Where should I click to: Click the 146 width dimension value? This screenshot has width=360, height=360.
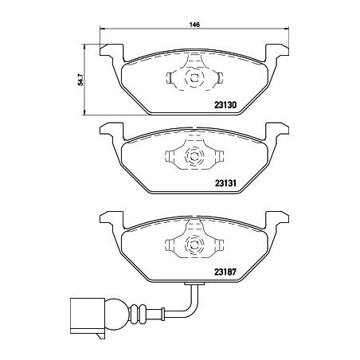point(194,24)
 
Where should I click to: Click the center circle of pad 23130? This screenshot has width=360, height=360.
point(193,78)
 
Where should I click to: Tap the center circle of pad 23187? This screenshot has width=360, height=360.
point(193,245)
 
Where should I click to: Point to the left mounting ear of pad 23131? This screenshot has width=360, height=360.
point(111,131)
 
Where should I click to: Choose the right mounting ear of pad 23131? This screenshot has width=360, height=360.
point(276,131)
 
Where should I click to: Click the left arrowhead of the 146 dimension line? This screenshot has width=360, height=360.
point(102,31)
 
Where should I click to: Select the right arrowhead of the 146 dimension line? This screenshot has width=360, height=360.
point(284,31)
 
